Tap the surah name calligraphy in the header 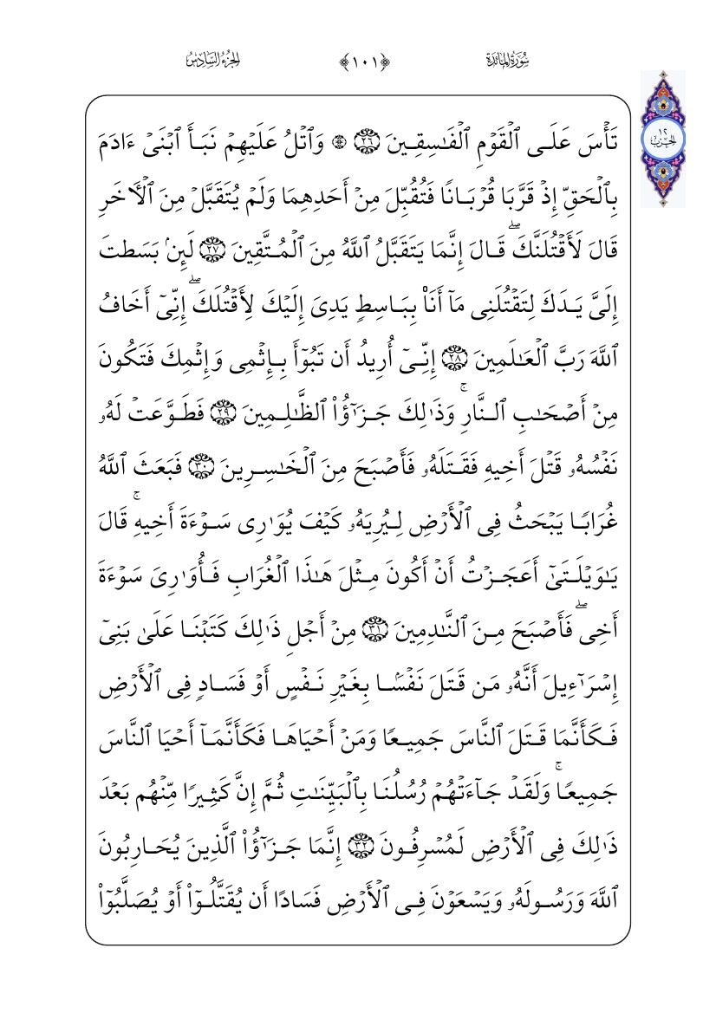505,61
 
